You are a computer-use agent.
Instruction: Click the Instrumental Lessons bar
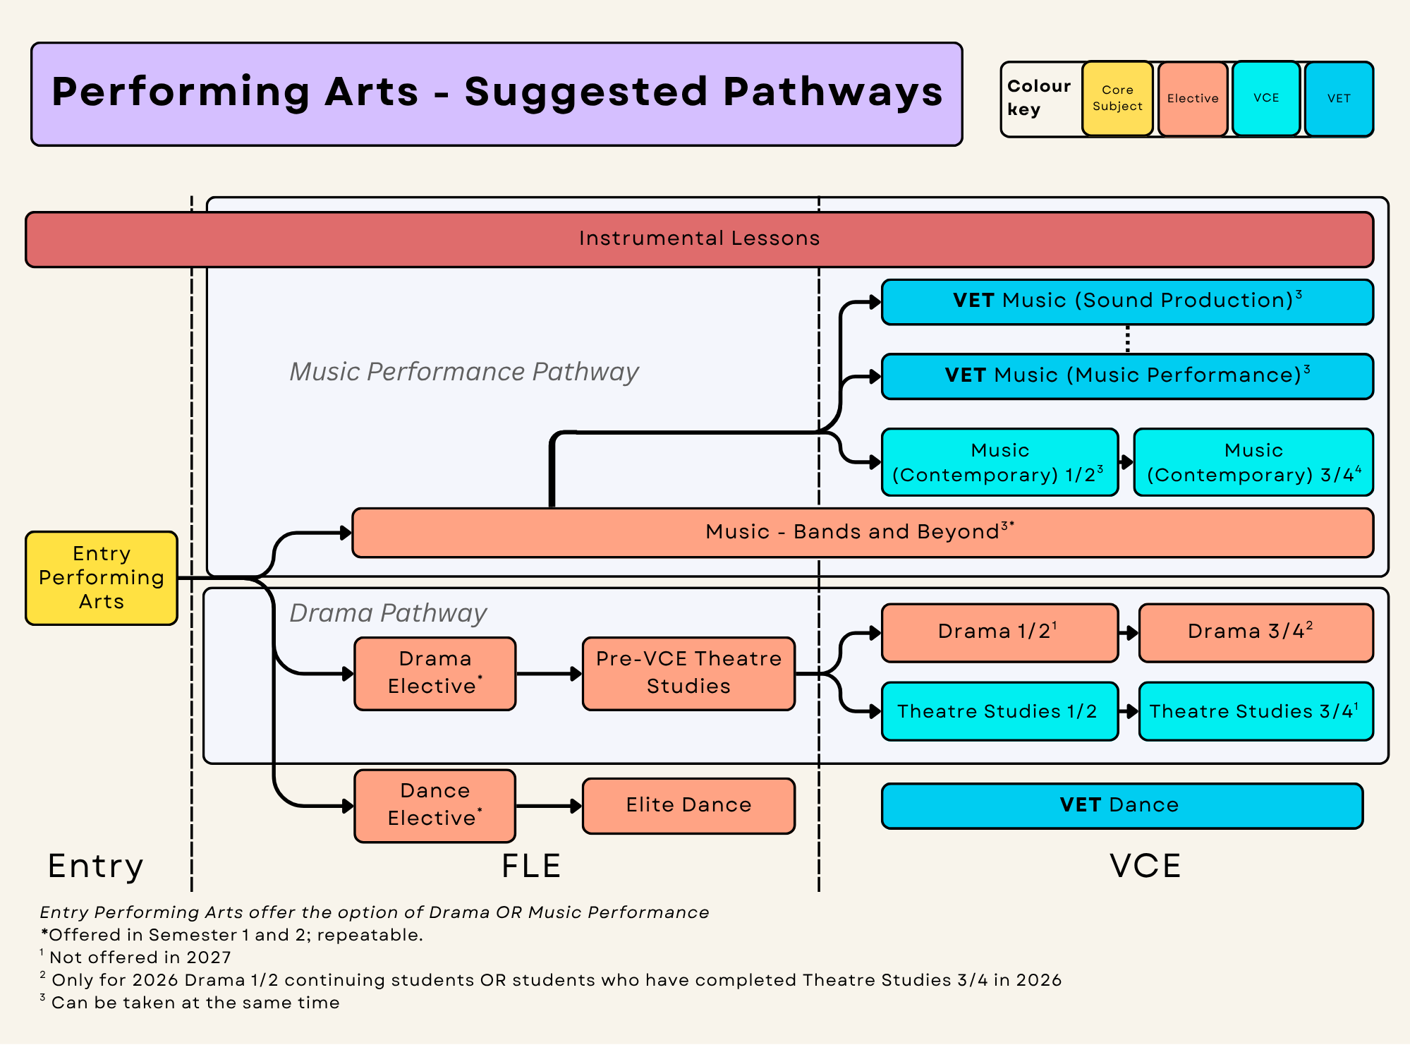coord(699,239)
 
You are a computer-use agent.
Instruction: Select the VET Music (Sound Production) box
coord(1127,302)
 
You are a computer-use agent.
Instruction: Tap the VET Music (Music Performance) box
coord(1127,376)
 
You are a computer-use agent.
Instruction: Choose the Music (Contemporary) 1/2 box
coord(1000,462)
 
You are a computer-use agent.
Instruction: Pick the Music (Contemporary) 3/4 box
coord(1253,462)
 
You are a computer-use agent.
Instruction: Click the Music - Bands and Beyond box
coord(863,533)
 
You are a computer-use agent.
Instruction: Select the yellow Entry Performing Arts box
coord(102,578)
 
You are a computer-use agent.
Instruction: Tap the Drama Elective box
coord(435,674)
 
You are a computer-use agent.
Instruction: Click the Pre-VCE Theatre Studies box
coord(688,674)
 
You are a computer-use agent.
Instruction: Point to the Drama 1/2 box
coord(1000,633)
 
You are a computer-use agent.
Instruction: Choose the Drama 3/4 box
coord(1256,633)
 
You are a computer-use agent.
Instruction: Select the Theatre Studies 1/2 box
coord(1000,711)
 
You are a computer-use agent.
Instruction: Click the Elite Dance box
coord(688,806)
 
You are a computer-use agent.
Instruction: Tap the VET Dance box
coord(1122,806)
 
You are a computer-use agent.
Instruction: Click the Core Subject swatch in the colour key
coord(1117,99)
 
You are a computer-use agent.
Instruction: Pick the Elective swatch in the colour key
coord(1193,99)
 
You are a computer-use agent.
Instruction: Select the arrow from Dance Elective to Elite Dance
coord(549,806)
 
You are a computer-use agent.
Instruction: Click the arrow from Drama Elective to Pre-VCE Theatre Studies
coord(549,674)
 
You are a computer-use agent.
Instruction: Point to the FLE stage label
coord(531,866)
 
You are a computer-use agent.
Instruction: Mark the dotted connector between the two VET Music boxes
coord(1127,339)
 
